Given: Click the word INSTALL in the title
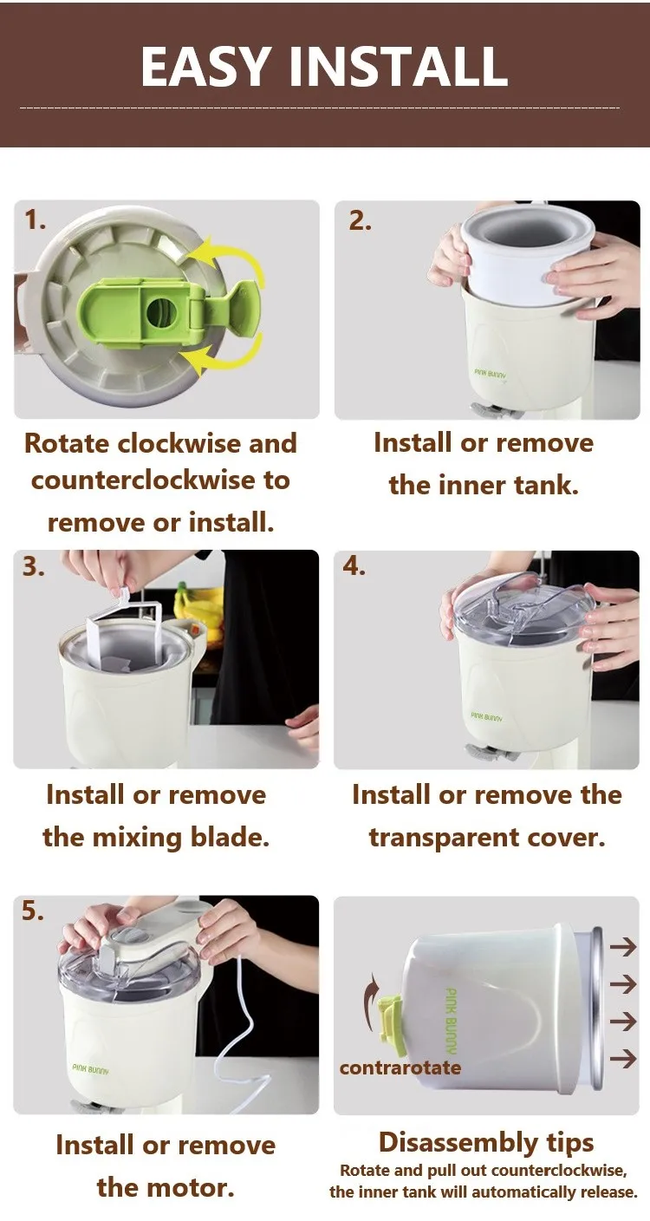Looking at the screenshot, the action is (x=399, y=66).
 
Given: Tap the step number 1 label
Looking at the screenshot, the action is (x=35, y=221).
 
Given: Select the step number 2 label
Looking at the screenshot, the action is (x=360, y=221).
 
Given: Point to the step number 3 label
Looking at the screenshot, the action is (x=33, y=567).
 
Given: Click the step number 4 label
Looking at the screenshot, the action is (x=354, y=567).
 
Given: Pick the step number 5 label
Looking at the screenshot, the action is (x=33, y=911).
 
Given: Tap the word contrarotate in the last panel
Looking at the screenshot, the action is (x=400, y=1068).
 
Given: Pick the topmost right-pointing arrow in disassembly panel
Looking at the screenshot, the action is (x=623, y=947).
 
